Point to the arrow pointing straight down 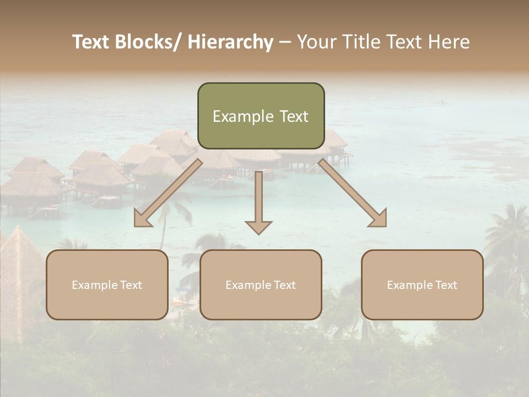pyautogui.click(x=259, y=201)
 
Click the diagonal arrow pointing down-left pyautogui.click(x=168, y=193)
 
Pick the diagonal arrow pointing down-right pyautogui.click(x=353, y=193)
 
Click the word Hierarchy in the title pyautogui.click(x=230, y=42)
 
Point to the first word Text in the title pyautogui.click(x=91, y=42)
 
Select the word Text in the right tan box pyautogui.click(x=446, y=285)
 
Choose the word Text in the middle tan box pyautogui.click(x=284, y=285)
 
